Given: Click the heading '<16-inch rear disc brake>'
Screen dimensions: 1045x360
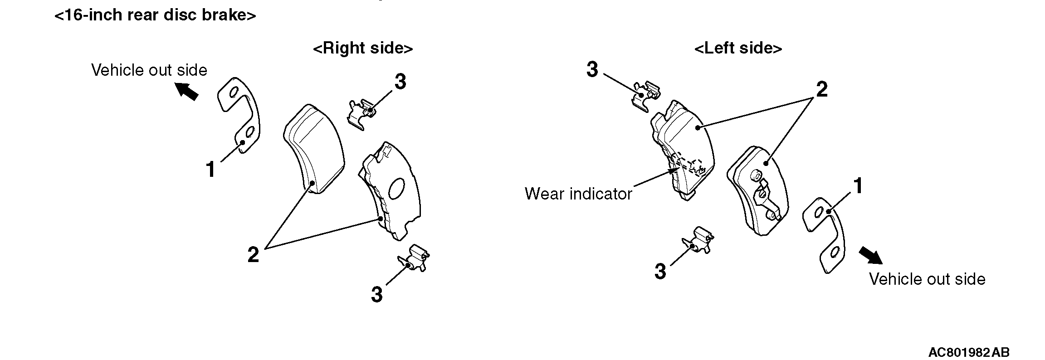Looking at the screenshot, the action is coord(155,15).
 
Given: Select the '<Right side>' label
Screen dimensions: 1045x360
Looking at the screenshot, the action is coord(363,48).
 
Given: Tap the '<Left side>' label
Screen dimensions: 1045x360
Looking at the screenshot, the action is coord(738,48).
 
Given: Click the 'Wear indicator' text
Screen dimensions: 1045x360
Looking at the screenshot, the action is coord(578,194).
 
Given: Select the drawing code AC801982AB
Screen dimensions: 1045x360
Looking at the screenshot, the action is coord(969,352).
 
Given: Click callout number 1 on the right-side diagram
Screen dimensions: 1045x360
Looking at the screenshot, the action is coord(210,170).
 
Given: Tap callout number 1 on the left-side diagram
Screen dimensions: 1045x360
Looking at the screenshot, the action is coord(858,186).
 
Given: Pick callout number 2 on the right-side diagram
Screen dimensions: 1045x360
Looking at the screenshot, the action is coord(253,254).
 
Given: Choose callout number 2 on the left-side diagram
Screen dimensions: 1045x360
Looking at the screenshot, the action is coord(821,89).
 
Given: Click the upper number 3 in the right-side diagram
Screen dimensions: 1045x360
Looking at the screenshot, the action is coord(400,82).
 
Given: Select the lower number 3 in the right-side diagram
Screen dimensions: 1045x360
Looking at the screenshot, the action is coord(377,294).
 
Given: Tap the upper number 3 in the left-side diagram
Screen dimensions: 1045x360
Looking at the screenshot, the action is coord(592,70).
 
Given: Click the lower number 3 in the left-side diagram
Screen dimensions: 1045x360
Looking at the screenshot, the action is coord(660,272).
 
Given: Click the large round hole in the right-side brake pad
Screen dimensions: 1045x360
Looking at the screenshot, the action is coord(397,188).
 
